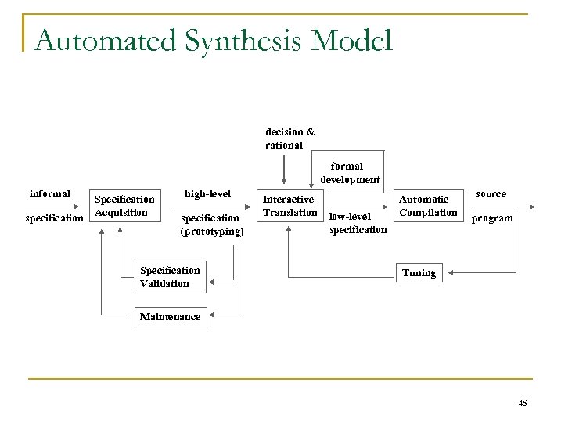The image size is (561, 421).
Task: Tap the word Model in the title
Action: (353, 40)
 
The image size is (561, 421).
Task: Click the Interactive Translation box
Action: (289, 206)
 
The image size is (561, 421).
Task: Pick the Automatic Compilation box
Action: (428, 206)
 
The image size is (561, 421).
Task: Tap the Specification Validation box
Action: (170, 277)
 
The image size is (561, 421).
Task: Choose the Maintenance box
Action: (170, 316)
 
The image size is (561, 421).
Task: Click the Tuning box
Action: (419, 273)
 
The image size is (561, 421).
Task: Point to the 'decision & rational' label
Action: (289, 139)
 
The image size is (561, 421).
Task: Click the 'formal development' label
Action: (349, 173)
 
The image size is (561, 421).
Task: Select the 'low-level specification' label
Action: (358, 223)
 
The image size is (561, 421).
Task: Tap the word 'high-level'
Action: (207, 193)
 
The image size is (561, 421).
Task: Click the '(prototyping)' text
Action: (211, 232)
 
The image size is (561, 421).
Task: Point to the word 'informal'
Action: (49, 193)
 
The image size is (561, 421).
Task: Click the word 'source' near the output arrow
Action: (491, 193)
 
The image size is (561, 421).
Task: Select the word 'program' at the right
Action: (491, 218)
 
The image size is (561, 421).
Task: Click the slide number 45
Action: (523, 403)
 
